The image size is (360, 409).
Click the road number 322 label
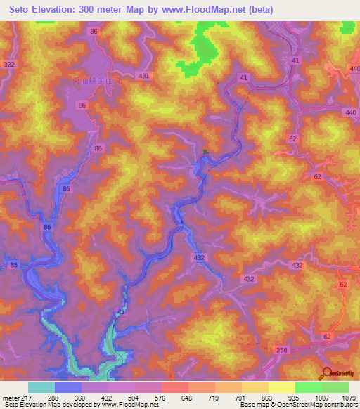point(8,65)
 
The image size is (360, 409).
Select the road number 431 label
point(144,76)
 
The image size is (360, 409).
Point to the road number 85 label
point(14,266)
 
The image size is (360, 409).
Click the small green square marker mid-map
point(205,151)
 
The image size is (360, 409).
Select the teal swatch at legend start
point(41,387)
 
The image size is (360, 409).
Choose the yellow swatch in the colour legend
point(282,387)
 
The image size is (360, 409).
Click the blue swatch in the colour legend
point(68,387)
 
